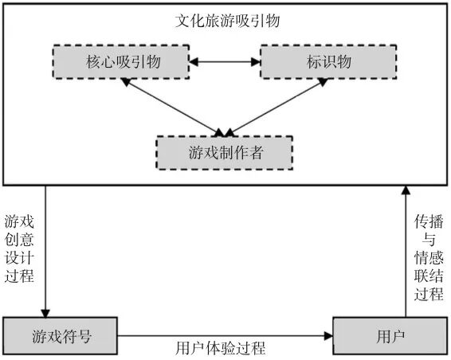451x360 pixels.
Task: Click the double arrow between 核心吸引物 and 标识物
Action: pos(225,61)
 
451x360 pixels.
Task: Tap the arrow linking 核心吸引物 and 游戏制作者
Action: pos(175,106)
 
